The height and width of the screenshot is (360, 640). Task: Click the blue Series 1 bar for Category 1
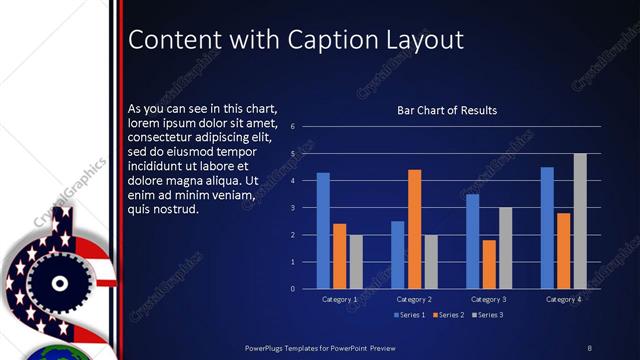pyautogui.click(x=323, y=231)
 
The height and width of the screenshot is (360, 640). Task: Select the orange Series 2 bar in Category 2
pyautogui.click(x=414, y=229)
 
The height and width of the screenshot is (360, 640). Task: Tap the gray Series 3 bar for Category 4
pyautogui.click(x=579, y=221)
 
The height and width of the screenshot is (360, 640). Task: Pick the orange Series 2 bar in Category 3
pyautogui.click(x=489, y=264)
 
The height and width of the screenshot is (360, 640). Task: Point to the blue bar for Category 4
pyautogui.click(x=547, y=228)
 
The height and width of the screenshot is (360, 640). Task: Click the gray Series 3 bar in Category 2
pyautogui.click(x=431, y=262)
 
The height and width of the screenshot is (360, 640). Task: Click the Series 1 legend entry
pyautogui.click(x=410, y=315)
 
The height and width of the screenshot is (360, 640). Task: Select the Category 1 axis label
pyautogui.click(x=340, y=299)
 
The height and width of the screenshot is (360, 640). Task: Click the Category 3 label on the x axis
pyautogui.click(x=489, y=299)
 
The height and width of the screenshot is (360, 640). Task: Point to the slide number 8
pyautogui.click(x=589, y=346)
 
